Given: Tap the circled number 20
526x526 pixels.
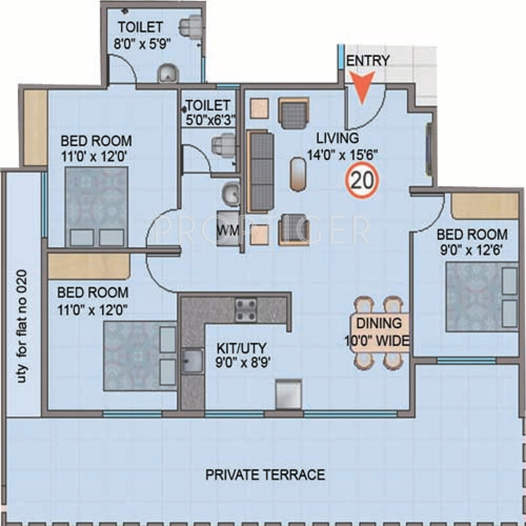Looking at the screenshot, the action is pyautogui.click(x=362, y=180).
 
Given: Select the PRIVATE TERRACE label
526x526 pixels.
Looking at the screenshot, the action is pyautogui.click(x=265, y=475).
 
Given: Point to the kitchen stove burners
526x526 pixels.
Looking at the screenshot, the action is pyautogui.click(x=246, y=309).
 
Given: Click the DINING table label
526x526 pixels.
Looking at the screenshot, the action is pyautogui.click(x=379, y=323).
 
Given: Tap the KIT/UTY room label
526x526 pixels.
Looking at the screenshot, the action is pyautogui.click(x=241, y=348).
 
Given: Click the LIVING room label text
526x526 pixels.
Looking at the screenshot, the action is pyautogui.click(x=337, y=138).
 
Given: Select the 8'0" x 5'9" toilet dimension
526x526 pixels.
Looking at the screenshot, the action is pyautogui.click(x=142, y=43).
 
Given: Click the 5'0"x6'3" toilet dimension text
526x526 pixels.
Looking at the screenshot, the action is pyautogui.click(x=210, y=120).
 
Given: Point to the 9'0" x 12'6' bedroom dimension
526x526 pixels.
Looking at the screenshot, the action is pyautogui.click(x=471, y=250).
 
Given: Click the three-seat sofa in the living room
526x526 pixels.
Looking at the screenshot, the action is pyautogui.click(x=260, y=172).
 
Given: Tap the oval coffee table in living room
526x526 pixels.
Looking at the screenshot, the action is pyautogui.click(x=298, y=174).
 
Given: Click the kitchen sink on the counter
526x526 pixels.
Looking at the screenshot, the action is pyautogui.click(x=192, y=361).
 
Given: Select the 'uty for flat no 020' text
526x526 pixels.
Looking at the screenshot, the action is pyautogui.click(x=22, y=326).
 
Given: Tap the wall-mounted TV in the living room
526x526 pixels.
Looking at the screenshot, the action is pyautogui.click(x=429, y=149).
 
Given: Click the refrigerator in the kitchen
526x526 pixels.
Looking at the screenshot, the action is pyautogui.click(x=289, y=394).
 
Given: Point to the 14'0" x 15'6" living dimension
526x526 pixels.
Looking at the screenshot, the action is pyautogui.click(x=342, y=155).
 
